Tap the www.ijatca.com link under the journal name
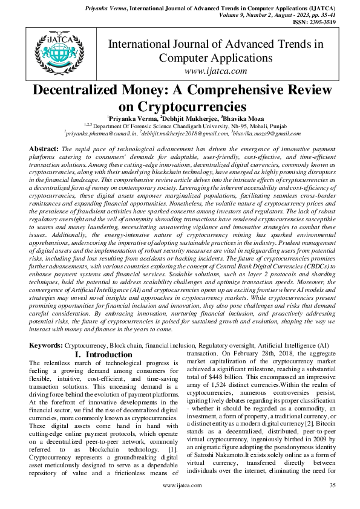(215, 71)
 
